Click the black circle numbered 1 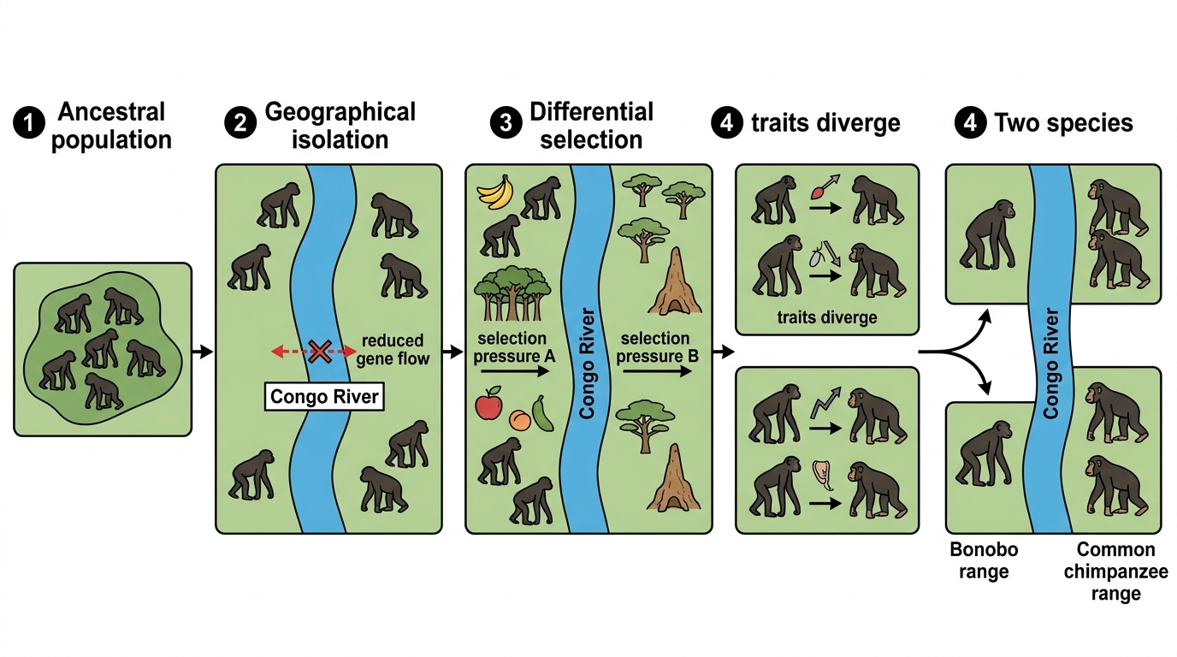[x=29, y=122]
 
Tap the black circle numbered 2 [x=240, y=122]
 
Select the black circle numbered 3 [x=506, y=122]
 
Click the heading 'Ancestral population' [x=111, y=126]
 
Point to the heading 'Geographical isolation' [x=340, y=126]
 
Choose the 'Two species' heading [x=1063, y=123]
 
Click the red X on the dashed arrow [x=319, y=351]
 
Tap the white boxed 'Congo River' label [x=324, y=396]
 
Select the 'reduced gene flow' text [x=393, y=350]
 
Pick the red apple [x=488, y=404]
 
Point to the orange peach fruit [x=520, y=420]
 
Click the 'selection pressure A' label [x=514, y=347]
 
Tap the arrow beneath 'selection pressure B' [x=657, y=371]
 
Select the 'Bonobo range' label [x=984, y=560]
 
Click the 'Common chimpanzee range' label [x=1115, y=571]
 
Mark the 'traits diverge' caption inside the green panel [x=827, y=317]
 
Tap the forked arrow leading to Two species [x=957, y=352]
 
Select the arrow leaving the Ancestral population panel [x=203, y=351]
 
